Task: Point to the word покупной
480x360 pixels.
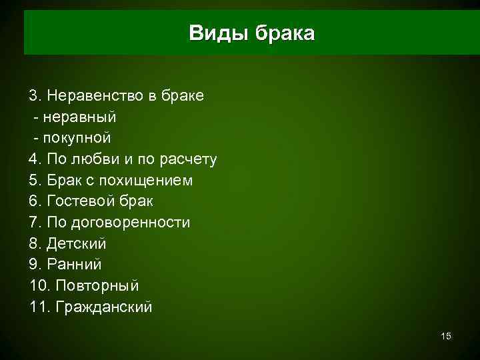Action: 77,138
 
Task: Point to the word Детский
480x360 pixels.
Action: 76,244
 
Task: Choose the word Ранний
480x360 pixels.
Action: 74,265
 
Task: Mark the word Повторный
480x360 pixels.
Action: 97,286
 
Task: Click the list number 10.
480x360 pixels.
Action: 39,286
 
